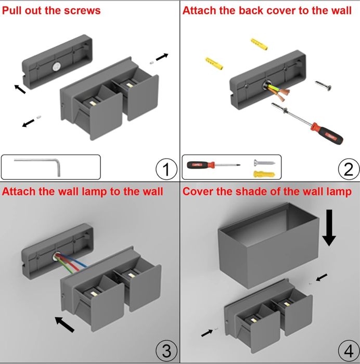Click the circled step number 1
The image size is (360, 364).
click(166, 169)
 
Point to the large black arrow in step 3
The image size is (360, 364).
click(65, 323)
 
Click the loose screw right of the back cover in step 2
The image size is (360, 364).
click(323, 87)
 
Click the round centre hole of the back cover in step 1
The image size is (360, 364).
click(56, 66)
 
